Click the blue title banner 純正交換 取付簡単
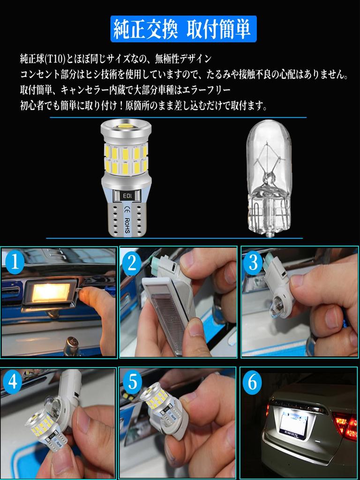point(183,29)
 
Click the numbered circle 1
point(15,263)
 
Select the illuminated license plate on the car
point(294,423)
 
